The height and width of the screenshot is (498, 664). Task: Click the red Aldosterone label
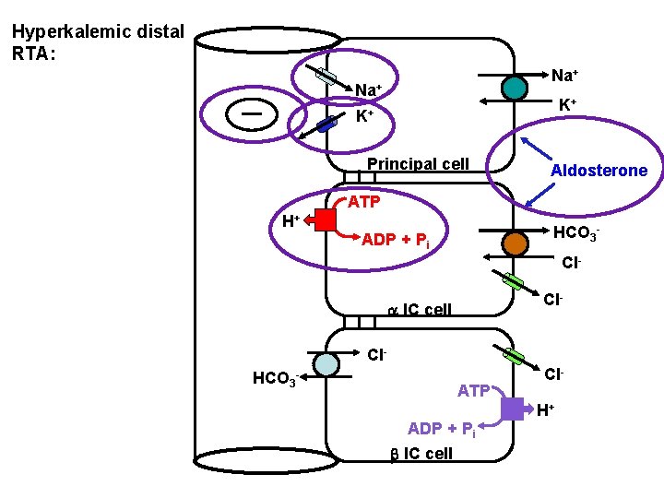coord(599,171)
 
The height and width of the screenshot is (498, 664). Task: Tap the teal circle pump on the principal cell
coord(515,87)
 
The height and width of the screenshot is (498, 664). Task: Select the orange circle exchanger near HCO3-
coord(515,243)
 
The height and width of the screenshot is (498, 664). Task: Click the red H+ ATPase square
coord(325,219)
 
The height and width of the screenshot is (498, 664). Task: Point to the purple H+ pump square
coord(513,409)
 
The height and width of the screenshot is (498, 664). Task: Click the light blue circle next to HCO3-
coord(326,364)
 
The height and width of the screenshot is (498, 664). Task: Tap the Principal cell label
coord(418,164)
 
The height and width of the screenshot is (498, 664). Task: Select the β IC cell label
coord(418,453)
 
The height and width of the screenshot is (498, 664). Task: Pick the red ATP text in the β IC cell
coord(474,391)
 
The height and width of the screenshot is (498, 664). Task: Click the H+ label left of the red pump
coord(290,219)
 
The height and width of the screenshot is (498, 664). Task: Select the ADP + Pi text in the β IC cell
coord(442,429)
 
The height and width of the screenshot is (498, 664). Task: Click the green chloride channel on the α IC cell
coord(513,280)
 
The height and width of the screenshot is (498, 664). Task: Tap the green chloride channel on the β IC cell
coord(513,356)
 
